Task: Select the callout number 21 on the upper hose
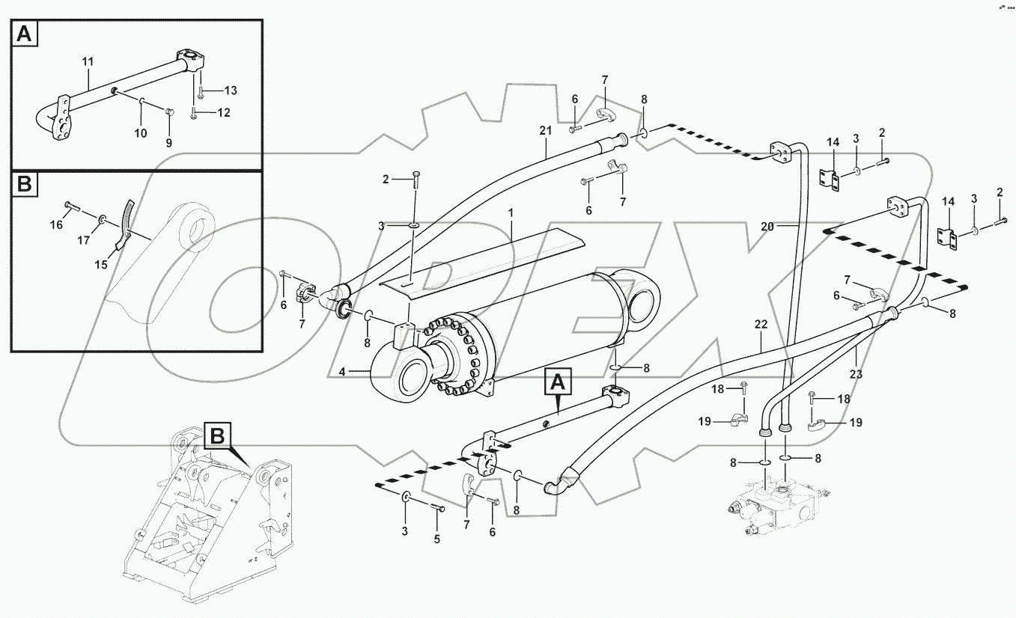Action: coord(544,130)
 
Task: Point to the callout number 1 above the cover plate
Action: coord(511,213)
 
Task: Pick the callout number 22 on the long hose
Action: coord(761,326)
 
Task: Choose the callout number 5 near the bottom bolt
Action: coord(437,539)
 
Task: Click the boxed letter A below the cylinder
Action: coord(557,382)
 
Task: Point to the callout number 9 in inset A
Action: coord(168,142)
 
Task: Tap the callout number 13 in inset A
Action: coord(230,91)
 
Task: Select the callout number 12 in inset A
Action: coord(223,113)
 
